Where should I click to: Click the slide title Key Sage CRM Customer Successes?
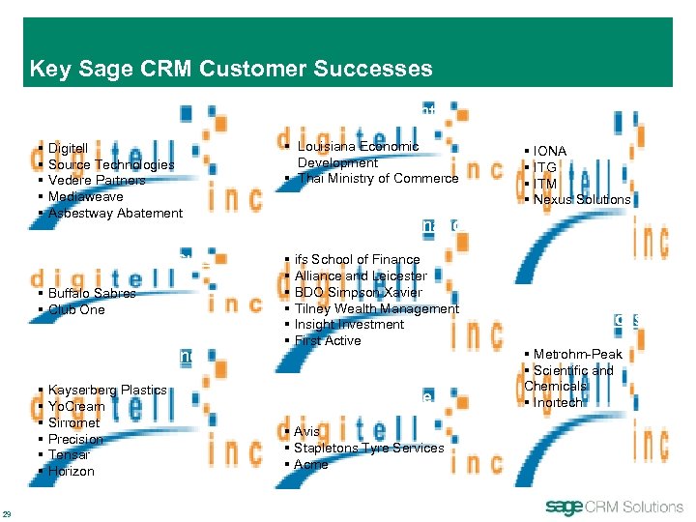(x=230, y=69)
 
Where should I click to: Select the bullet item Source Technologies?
(x=111, y=164)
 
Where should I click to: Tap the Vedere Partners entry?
(x=97, y=181)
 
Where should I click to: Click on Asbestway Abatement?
(x=115, y=213)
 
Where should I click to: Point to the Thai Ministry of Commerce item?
(x=377, y=178)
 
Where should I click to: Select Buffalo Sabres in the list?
(x=92, y=293)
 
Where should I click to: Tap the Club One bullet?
(x=76, y=309)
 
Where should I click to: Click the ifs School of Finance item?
(x=357, y=259)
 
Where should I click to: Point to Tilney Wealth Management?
(x=376, y=308)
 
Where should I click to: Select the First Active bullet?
(x=328, y=340)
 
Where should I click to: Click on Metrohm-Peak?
(x=577, y=355)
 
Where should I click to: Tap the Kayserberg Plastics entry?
(x=107, y=390)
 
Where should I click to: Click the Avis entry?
(x=307, y=431)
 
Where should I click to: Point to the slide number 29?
(x=7, y=512)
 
